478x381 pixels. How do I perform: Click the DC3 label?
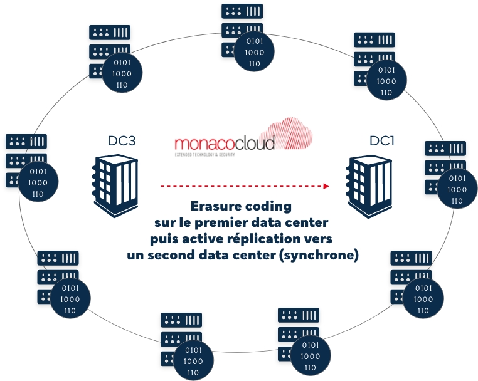tap(122, 142)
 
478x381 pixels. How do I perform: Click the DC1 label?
tap(381, 142)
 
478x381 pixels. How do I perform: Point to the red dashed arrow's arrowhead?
tap(327, 185)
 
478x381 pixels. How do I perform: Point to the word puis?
tap(165, 239)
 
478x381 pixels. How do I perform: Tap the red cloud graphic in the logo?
tap(293, 133)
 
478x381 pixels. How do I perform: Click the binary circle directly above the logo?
tap(254, 53)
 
